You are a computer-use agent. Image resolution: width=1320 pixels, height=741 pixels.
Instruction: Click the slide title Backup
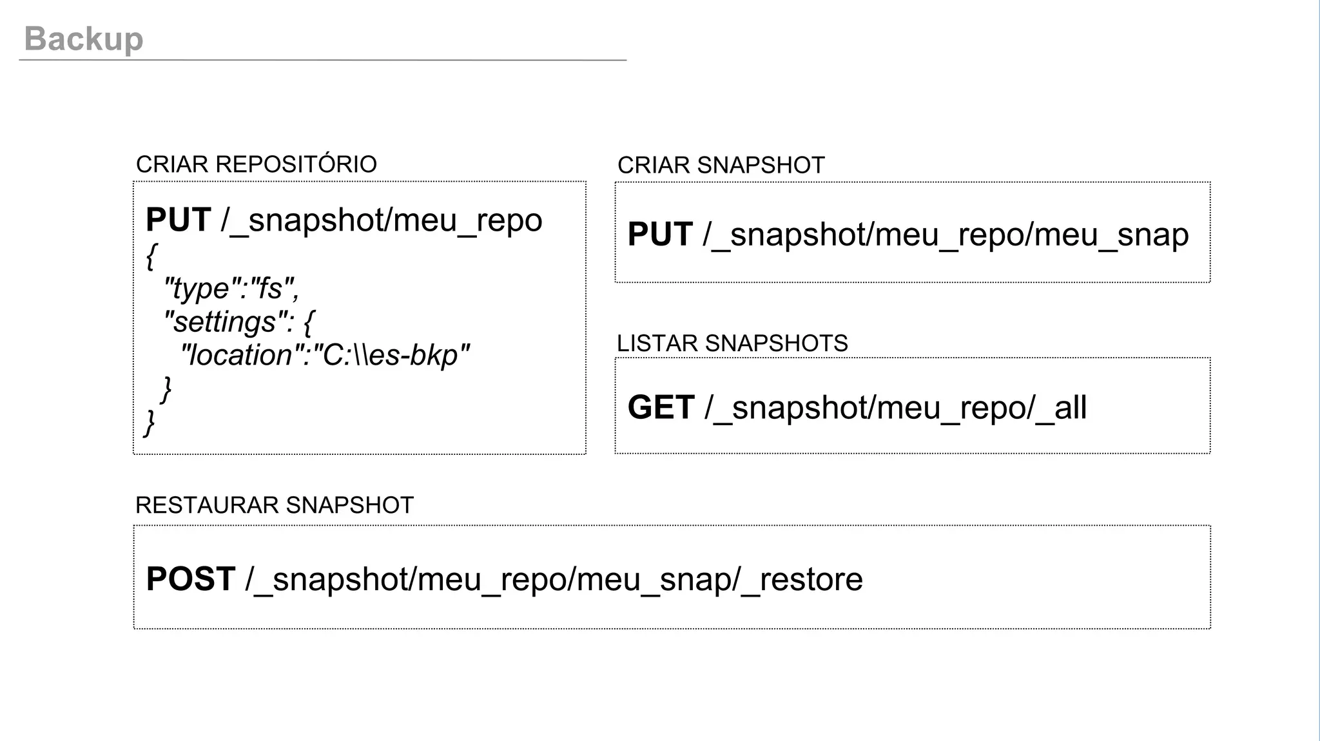84,39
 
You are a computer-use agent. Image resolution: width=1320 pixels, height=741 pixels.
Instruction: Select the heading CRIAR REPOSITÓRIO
256,164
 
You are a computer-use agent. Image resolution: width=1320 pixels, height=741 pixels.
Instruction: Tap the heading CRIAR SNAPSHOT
721,166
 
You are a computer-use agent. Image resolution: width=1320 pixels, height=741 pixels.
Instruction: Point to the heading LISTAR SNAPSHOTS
732,343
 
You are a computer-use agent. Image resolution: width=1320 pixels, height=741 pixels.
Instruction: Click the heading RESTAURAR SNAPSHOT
274,505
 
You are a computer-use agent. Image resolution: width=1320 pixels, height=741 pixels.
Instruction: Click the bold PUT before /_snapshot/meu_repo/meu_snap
660,235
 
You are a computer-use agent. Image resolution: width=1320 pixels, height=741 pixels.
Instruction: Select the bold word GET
661,408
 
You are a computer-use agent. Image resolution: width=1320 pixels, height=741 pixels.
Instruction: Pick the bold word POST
190,579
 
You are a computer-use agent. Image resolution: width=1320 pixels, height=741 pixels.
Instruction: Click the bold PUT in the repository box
179,220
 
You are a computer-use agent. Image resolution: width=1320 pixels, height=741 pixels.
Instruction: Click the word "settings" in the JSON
225,322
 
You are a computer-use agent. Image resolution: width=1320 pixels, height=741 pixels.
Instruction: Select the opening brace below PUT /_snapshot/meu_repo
151,256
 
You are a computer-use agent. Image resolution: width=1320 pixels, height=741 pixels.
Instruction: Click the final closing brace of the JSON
150,423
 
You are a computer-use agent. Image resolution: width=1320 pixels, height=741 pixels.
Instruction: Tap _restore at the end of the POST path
802,579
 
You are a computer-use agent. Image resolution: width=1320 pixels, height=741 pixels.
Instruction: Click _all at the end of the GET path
1062,408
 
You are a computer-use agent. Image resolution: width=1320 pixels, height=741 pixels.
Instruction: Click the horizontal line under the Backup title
322,60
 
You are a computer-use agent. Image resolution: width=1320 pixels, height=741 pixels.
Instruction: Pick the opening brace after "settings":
308,322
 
